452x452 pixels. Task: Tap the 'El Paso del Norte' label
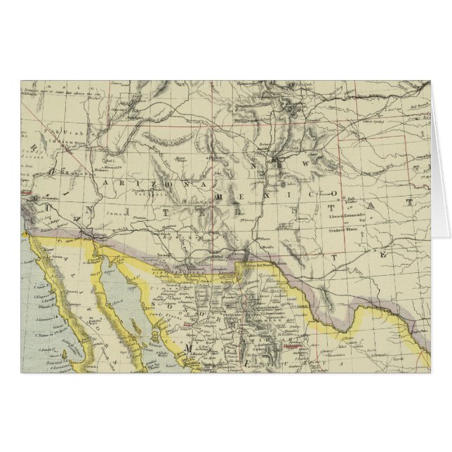pyautogui.click(x=258, y=265)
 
